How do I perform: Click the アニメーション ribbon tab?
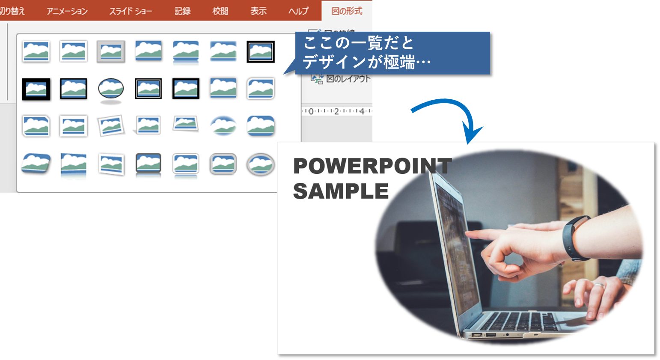pyautogui.click(x=67, y=11)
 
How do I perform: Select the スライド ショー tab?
pyautogui.click(x=131, y=11)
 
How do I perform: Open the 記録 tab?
pyautogui.click(x=182, y=11)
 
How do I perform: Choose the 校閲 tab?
pyautogui.click(x=220, y=11)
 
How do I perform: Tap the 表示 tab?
pyautogui.click(x=259, y=11)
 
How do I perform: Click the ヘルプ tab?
pyautogui.click(x=298, y=11)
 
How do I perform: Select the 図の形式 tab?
pyautogui.click(x=347, y=11)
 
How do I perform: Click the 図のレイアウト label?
pyautogui.click(x=348, y=79)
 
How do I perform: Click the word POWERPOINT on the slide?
pyautogui.click(x=372, y=166)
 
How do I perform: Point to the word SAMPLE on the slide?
pyautogui.click(x=341, y=191)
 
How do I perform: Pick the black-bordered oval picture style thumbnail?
pyautogui.click(x=111, y=89)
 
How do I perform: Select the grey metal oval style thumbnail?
pyautogui.click(x=261, y=164)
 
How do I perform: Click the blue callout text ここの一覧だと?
pyautogui.click(x=359, y=43)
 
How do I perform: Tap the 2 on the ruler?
pyautogui.click(x=336, y=111)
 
